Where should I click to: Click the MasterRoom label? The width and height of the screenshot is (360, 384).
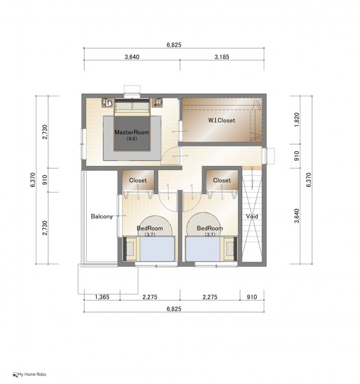point(132,132)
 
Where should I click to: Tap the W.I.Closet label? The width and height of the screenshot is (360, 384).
point(222,120)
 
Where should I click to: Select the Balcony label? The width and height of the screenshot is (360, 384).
point(101,216)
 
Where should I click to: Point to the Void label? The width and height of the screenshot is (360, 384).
point(252,216)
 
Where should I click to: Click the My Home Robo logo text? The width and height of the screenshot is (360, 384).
point(32,374)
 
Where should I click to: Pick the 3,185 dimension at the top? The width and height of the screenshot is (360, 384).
point(222,57)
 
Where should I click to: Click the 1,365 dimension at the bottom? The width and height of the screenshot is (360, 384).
point(102,297)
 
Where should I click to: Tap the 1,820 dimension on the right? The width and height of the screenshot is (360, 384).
point(297,120)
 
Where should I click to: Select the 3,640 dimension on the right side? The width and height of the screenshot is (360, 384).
point(297,216)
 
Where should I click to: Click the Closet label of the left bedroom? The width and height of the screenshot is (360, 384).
point(138,180)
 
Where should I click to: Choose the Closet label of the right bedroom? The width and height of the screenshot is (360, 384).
point(222,180)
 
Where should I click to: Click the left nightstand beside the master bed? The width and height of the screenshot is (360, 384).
point(107,102)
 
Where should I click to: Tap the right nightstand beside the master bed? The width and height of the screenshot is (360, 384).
point(157,102)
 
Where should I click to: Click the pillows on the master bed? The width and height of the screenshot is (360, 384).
point(132,106)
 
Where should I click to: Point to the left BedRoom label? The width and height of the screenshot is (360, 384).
point(150,228)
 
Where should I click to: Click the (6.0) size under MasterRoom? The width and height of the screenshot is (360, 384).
point(132,139)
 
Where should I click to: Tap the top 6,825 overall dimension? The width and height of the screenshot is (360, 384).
point(174,45)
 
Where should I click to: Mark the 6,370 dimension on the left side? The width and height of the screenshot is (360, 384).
point(33,180)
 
